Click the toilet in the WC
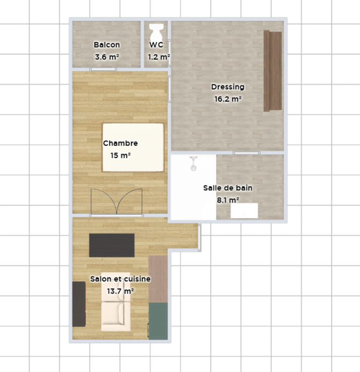point(157,32)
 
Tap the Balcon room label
point(107,45)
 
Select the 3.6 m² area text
point(107,57)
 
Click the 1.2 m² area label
point(159,57)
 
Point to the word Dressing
point(228,87)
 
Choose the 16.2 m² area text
point(228,99)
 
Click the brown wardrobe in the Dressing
point(273,71)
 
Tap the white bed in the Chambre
point(133,147)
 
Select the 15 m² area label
point(120,156)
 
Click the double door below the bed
point(117,201)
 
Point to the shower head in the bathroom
point(194,164)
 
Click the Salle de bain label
point(228,188)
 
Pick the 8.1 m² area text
point(228,200)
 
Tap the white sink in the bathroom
point(244,211)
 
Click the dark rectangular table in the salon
point(112,245)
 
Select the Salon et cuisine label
point(120,279)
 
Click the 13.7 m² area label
point(120,291)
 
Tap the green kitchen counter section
point(158,321)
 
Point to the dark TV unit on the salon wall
point(79,304)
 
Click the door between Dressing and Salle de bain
point(247,153)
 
